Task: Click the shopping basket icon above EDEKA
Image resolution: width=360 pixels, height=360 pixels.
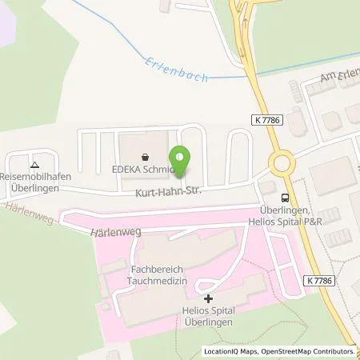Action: click(145, 158)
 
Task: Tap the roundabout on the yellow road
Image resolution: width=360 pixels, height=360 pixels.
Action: click(282, 163)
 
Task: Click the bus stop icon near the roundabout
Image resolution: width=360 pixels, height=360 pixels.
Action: click(285, 198)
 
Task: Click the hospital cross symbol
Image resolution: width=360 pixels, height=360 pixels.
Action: click(198, 298)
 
